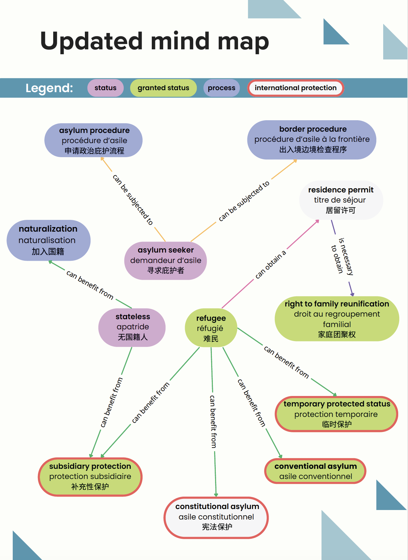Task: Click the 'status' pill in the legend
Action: coord(105,88)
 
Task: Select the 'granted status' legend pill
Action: coord(163,88)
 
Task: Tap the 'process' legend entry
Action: coord(221,88)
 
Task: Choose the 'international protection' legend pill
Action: coord(295,88)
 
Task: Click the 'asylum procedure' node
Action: coord(94,140)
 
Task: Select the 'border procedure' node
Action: coord(312,140)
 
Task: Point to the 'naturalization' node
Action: coord(48,240)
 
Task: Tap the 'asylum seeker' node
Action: coord(165,260)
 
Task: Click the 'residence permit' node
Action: coord(341,200)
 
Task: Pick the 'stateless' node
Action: coord(132,327)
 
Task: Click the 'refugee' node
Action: coord(211,328)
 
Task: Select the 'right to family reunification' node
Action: coord(337,319)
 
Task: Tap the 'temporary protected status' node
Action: coord(337,414)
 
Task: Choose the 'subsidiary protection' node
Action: coord(90,476)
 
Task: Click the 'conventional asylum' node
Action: coord(315,471)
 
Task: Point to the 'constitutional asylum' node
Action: coord(216,517)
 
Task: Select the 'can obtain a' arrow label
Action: coord(271,264)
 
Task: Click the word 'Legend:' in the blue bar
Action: coord(49,88)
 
